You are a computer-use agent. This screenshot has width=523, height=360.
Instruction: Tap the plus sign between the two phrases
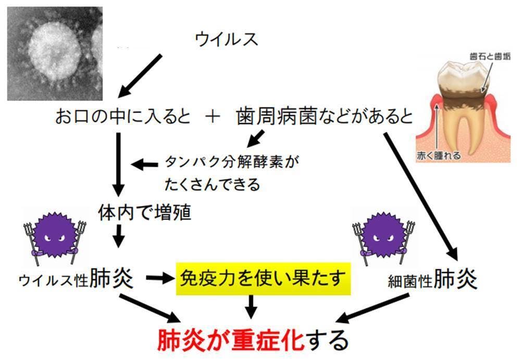[213, 117]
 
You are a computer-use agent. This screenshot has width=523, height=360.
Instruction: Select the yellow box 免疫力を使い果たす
[263, 279]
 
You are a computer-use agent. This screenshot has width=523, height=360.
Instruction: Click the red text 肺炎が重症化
[231, 340]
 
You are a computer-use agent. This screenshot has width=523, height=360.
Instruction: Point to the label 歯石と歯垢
[490, 56]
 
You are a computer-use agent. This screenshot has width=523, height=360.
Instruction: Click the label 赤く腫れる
[438, 155]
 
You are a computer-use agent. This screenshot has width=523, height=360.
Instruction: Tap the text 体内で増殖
[145, 213]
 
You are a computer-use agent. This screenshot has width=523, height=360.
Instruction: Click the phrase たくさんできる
[212, 184]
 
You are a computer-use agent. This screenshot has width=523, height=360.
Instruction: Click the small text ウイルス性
[54, 280]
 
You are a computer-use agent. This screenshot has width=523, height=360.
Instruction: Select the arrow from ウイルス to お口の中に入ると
[140, 76]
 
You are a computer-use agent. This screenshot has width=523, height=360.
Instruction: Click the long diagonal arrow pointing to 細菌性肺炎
[421, 196]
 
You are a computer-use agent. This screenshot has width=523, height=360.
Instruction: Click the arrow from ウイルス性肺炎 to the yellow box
[160, 278]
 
